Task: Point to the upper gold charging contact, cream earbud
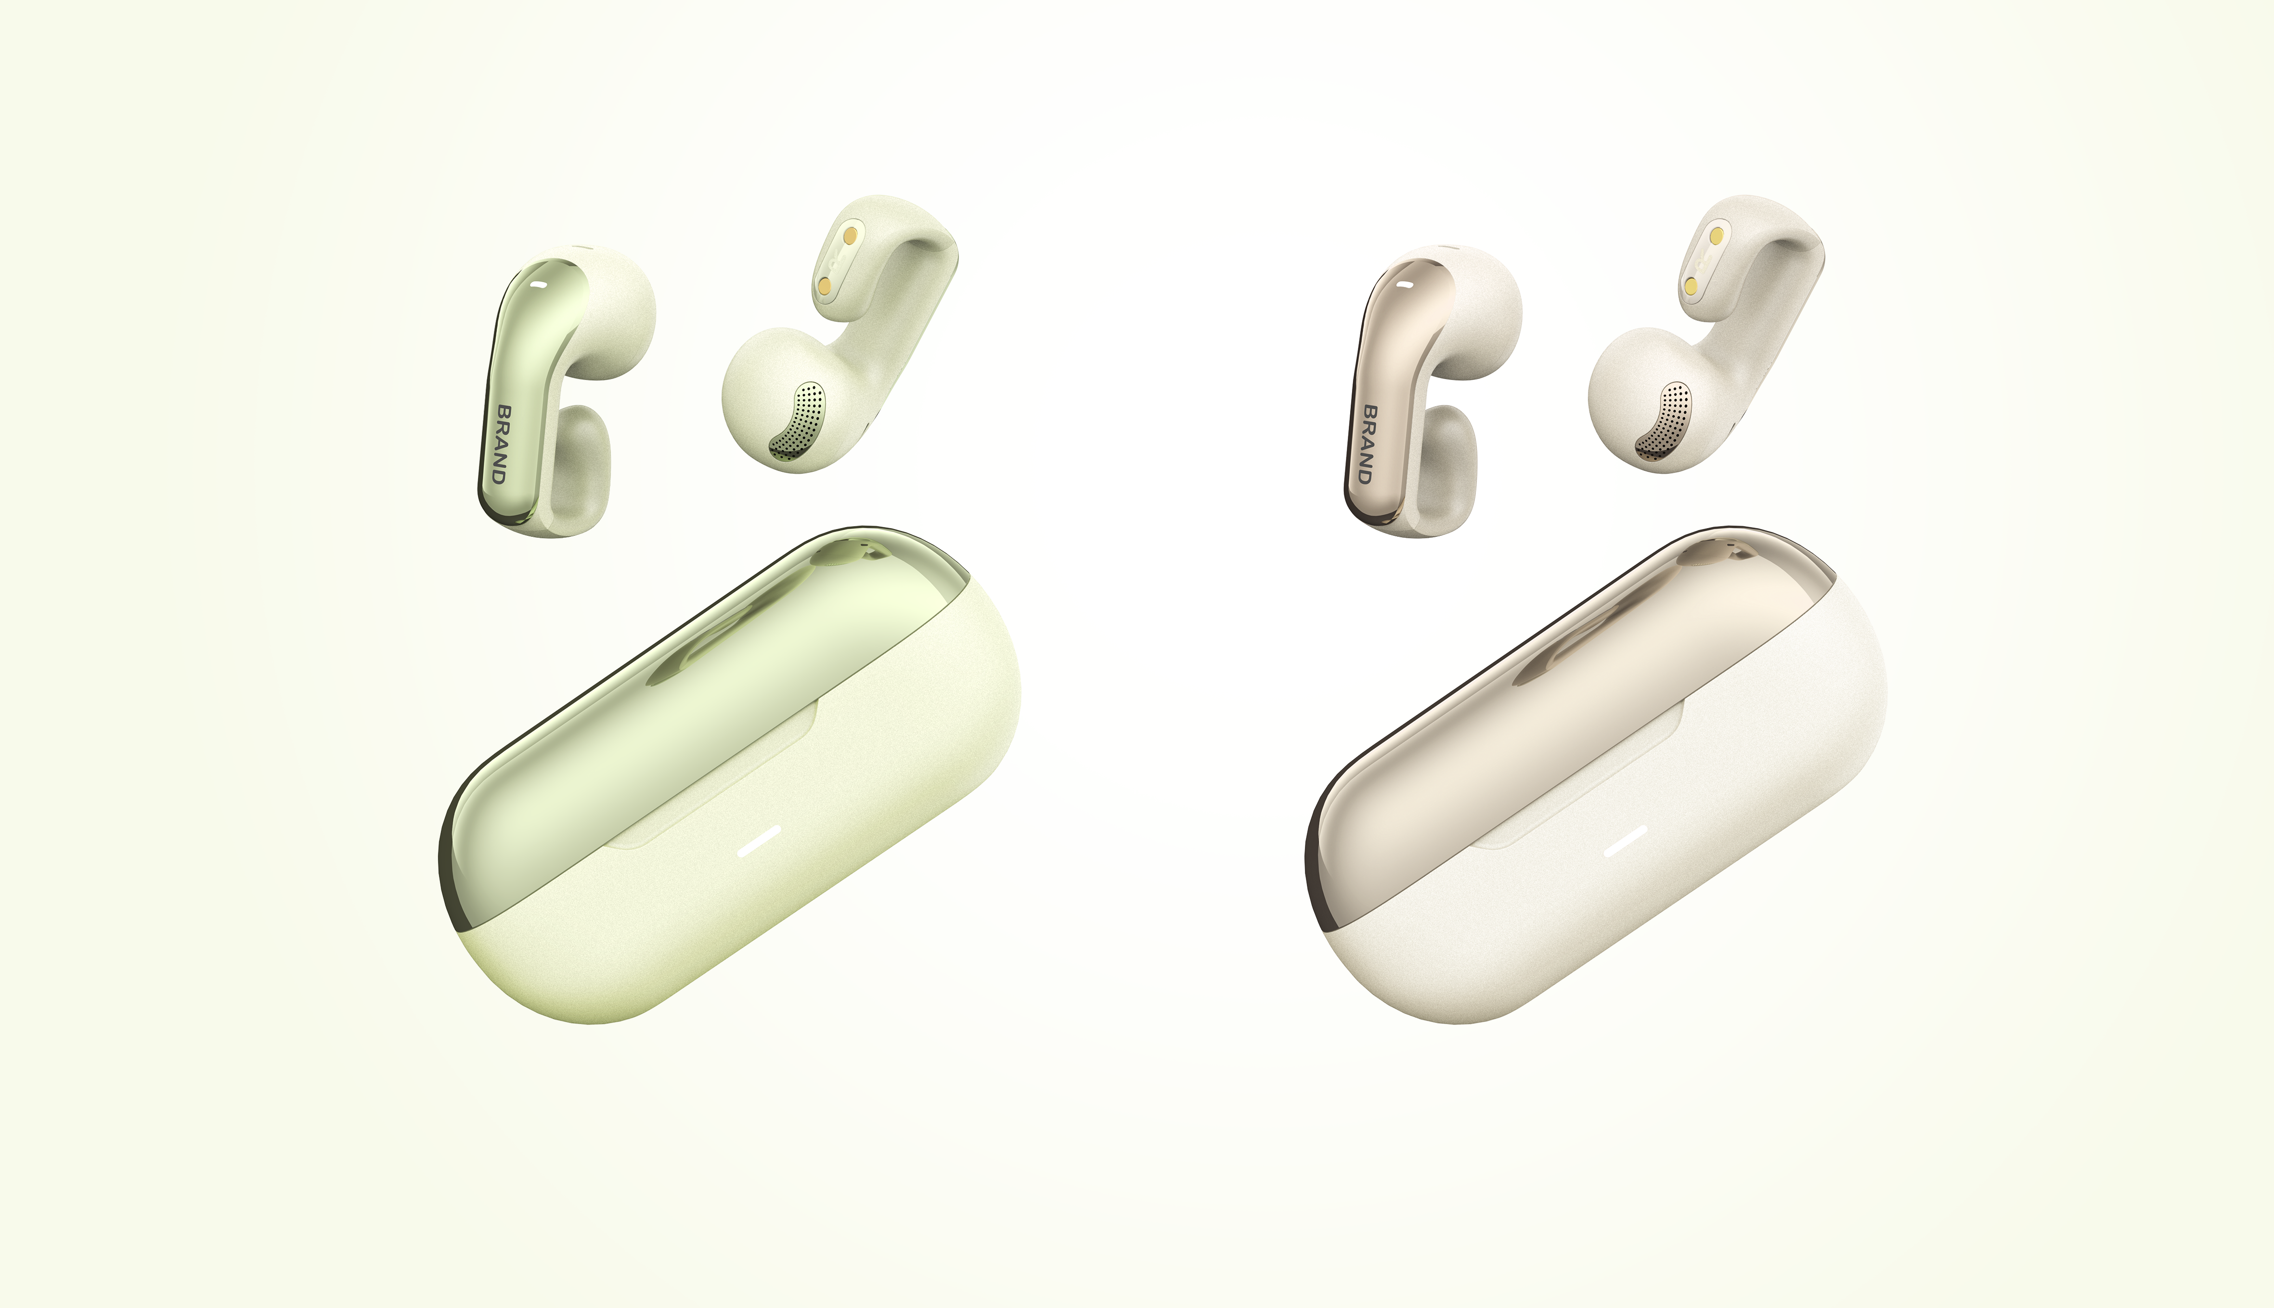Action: point(1716,235)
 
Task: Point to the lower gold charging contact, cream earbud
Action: point(1691,285)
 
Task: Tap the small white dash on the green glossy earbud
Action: point(539,285)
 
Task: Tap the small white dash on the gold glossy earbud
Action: point(1406,285)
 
